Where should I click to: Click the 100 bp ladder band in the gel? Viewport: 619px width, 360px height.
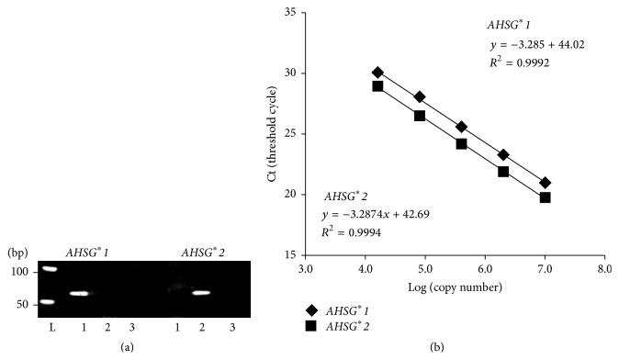[49, 269]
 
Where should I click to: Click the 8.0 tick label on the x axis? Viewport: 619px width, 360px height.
[604, 270]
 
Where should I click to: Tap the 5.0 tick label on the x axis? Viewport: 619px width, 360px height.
[425, 270]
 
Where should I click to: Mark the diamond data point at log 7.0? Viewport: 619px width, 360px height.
[545, 183]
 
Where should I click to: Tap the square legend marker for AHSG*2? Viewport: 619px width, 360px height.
[313, 325]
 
